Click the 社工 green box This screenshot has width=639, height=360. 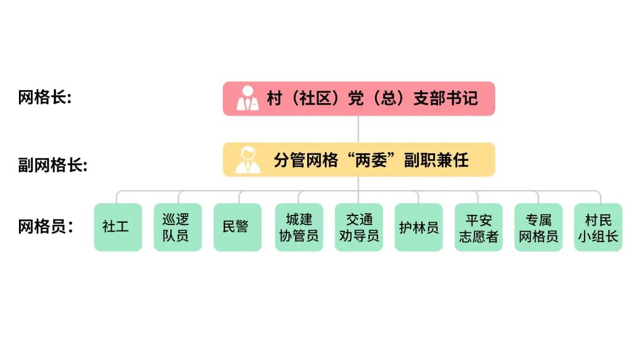(118, 227)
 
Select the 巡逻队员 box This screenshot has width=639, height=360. (177, 227)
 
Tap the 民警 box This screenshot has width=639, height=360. (237, 227)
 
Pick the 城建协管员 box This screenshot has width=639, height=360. (299, 227)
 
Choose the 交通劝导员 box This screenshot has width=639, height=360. (359, 227)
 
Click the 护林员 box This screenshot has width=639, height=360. (418, 227)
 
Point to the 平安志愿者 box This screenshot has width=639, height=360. (478, 227)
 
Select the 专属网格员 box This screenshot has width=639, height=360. (538, 227)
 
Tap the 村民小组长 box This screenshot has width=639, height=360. (598, 227)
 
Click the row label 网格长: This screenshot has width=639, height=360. (44, 98)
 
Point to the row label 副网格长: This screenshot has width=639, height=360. (53, 165)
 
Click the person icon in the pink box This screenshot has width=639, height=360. (247, 99)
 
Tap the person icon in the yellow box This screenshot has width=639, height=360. (247, 160)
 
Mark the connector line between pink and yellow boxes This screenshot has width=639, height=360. (359, 129)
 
